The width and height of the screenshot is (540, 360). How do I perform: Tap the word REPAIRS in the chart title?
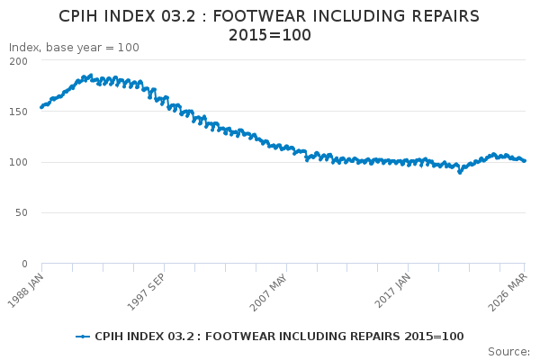coord(438,17)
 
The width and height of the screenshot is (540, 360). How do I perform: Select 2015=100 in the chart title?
coord(269,35)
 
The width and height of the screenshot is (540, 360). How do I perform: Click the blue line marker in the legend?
coord(83,337)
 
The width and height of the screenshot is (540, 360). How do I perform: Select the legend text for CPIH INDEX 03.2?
coord(279,337)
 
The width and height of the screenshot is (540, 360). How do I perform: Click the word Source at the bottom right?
coord(508,352)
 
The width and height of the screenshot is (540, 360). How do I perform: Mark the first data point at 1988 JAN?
coord(41,107)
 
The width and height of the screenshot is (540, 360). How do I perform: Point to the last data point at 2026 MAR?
coord(525,161)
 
